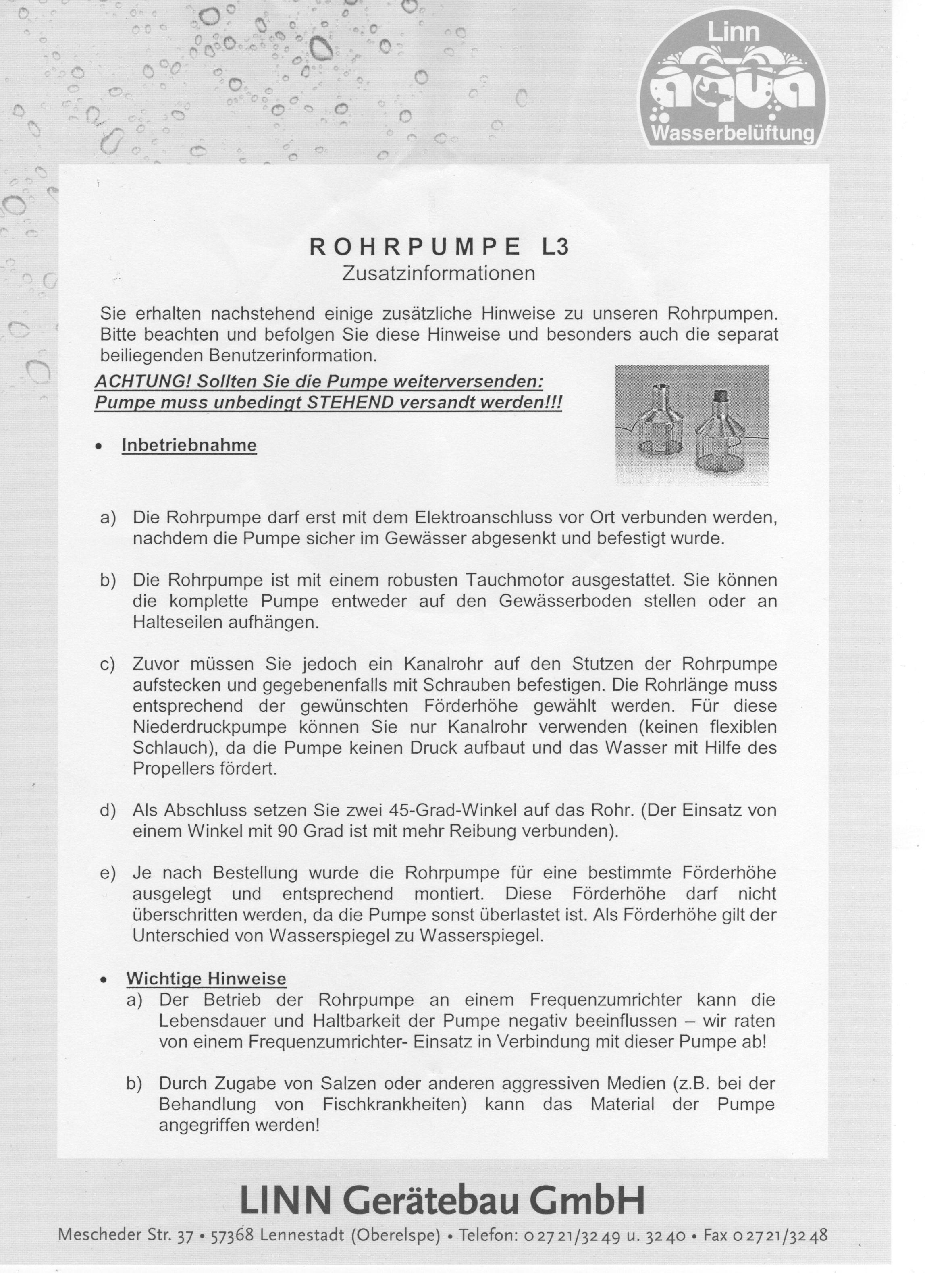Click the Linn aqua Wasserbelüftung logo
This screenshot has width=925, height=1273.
pyautogui.click(x=735, y=79)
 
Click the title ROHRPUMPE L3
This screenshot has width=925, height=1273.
pyautogui.click(x=439, y=247)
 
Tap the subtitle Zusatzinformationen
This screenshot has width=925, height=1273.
pyautogui.click(x=439, y=274)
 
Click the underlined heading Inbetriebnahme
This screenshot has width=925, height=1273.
pyautogui.click(x=189, y=445)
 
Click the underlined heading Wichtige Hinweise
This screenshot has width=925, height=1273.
pyautogui.click(x=206, y=978)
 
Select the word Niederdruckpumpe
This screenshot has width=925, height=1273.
pyautogui.click(x=209, y=727)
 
